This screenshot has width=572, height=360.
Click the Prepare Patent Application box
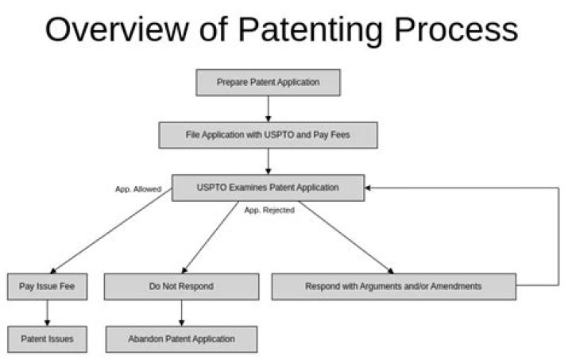pyautogui.click(x=269, y=83)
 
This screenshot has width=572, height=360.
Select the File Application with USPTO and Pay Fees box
pyautogui.click(x=269, y=135)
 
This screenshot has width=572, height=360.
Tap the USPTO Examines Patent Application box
pyautogui.click(x=269, y=188)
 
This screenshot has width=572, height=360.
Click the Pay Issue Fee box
pyautogui.click(x=48, y=287)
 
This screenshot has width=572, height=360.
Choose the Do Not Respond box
pyautogui.click(x=182, y=287)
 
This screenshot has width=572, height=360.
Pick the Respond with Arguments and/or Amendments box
pyautogui.click(x=394, y=287)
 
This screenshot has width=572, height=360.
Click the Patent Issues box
pyautogui.click(x=48, y=339)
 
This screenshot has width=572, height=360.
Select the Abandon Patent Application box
pyautogui.click(x=182, y=339)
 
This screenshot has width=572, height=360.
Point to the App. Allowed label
pyautogui.click(x=138, y=189)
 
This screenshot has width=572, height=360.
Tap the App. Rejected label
pyautogui.click(x=269, y=210)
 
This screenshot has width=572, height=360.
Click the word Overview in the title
pyautogui.click(x=117, y=29)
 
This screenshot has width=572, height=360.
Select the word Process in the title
pyautogui.click(x=456, y=29)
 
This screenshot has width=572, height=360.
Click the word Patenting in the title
pyautogui.click(x=310, y=31)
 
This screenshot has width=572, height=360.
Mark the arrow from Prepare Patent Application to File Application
pyautogui.click(x=269, y=109)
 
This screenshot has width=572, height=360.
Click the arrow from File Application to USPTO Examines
pyautogui.click(x=269, y=161)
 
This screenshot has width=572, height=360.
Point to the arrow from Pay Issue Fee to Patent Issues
pyautogui.click(x=47, y=313)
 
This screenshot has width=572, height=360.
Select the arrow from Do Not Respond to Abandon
pyautogui.click(x=182, y=313)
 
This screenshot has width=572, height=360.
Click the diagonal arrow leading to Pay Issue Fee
pyautogui.click(x=111, y=231)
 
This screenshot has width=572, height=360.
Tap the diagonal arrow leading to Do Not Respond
pyautogui.click(x=210, y=237)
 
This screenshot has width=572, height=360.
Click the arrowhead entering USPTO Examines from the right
pyautogui.click(x=368, y=188)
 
